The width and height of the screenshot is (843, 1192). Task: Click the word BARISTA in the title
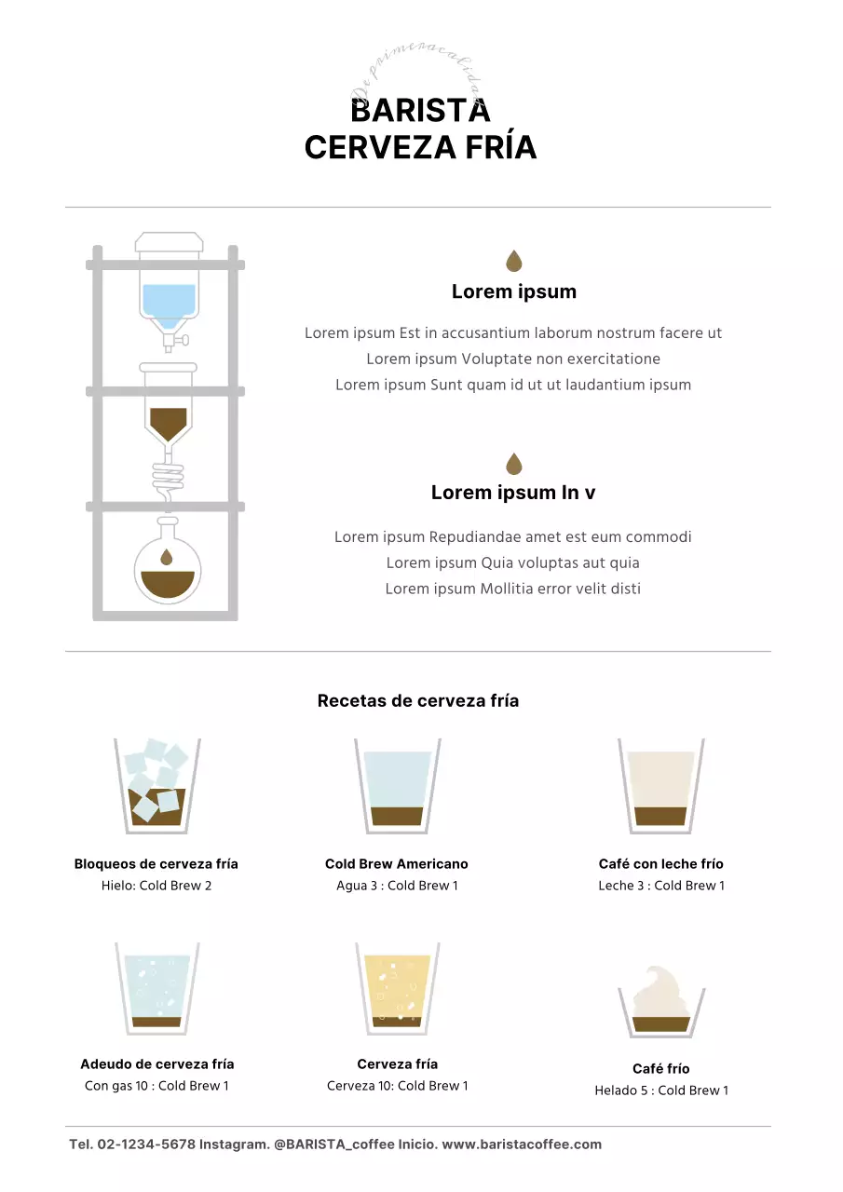point(420,111)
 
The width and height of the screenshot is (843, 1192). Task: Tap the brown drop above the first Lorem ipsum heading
point(513,261)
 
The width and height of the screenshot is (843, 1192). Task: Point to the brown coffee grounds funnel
point(169,421)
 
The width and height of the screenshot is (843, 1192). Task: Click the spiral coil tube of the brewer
point(169,481)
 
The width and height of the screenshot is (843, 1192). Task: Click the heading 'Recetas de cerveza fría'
point(418,701)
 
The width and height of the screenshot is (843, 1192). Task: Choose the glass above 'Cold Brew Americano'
point(397,785)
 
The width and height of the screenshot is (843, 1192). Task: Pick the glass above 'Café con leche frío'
point(660,785)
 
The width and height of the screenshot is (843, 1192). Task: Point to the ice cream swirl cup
point(660,1001)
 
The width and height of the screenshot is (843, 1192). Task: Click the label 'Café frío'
point(660,1069)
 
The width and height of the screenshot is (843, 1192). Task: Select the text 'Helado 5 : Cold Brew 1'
point(661,1090)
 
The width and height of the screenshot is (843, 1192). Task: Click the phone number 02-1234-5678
point(146,1145)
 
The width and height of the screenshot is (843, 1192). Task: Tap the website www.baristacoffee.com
point(522,1145)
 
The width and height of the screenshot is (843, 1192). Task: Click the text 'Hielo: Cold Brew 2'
point(156,886)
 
